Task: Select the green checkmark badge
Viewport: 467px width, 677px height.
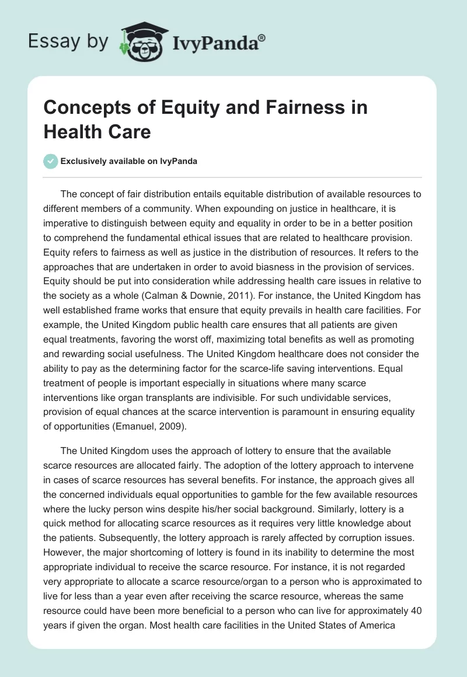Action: (51, 161)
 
